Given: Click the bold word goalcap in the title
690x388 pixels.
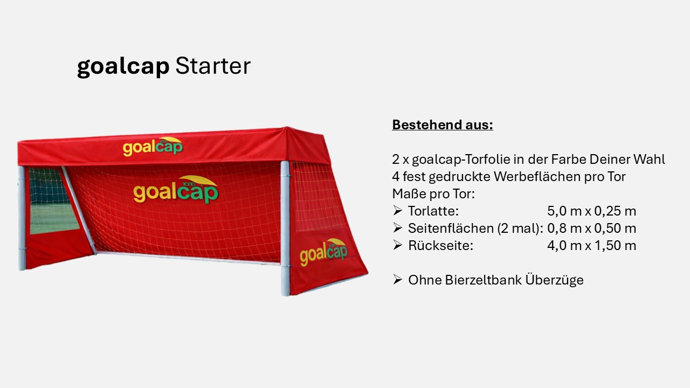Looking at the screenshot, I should (x=123, y=67).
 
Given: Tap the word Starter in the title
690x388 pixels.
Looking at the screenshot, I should (x=213, y=66).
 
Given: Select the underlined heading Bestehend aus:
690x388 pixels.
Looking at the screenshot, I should (x=442, y=125).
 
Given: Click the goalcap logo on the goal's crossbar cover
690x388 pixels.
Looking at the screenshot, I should (x=153, y=146).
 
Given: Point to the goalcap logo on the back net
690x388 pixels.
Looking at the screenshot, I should (x=176, y=190).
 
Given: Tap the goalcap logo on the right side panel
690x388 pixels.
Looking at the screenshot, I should (x=323, y=252).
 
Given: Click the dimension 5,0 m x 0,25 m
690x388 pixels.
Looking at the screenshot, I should (x=591, y=211).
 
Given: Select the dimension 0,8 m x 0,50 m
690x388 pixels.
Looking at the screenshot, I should (x=591, y=228).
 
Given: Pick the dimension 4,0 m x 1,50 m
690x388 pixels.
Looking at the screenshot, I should (x=591, y=246).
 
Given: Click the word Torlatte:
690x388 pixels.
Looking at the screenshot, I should (x=433, y=211).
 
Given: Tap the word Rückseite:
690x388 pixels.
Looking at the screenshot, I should (x=440, y=246).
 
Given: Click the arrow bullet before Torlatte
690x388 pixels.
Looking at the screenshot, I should (x=397, y=211).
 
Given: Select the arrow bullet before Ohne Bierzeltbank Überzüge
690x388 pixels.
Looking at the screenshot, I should (x=397, y=280).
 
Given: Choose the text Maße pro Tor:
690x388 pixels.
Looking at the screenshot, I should (x=433, y=194).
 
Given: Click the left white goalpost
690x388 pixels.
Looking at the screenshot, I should (x=22, y=218).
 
